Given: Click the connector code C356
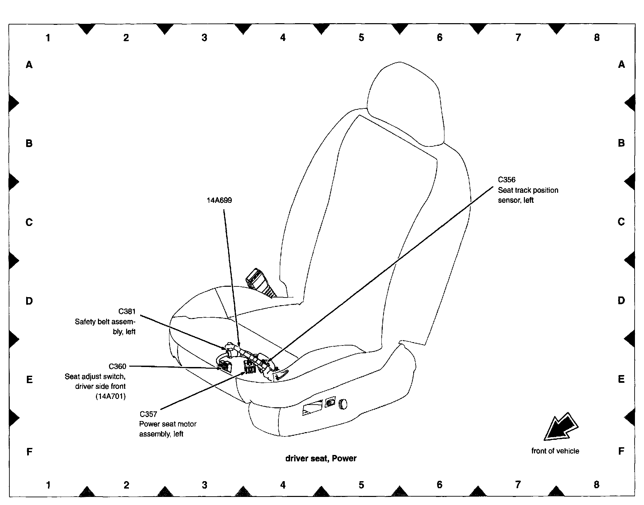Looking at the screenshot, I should [x=506, y=180].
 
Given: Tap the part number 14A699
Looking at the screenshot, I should [x=219, y=200].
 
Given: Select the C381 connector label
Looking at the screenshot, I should [x=127, y=311].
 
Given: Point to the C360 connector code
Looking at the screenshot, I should [x=117, y=366].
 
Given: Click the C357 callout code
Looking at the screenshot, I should [x=148, y=414].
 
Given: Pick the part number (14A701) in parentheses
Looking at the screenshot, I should [x=111, y=397].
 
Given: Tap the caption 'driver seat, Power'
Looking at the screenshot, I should [x=321, y=459].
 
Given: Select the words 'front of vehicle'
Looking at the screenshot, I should [x=555, y=451].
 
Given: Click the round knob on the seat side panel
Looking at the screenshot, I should [x=343, y=404].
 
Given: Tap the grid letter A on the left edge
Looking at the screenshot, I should [x=29, y=64].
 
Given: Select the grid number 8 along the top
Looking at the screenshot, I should [x=596, y=38].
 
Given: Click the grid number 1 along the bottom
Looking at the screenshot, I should [x=48, y=485].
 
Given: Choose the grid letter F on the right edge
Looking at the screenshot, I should [x=621, y=451].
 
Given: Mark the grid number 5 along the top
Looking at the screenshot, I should [x=361, y=38].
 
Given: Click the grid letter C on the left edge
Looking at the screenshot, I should [x=29, y=222].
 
